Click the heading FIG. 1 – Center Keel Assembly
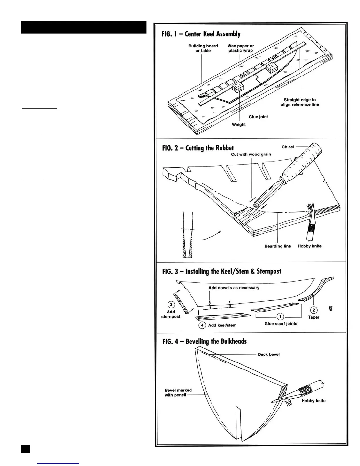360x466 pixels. pos(201,34)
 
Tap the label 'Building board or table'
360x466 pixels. pos(203,48)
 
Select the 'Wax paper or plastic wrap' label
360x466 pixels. pos(241,48)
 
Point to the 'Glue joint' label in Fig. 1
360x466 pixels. pos(258,117)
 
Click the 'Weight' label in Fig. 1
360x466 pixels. pos(239,124)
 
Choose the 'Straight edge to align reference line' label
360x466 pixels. pos(300,102)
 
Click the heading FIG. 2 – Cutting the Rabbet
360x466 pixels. pos(198,148)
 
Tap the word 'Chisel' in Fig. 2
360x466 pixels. pos(288,147)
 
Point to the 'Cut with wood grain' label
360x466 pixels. pos(251,154)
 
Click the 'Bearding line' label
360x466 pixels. pos(278,246)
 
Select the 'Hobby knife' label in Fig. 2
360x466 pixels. pos(309,246)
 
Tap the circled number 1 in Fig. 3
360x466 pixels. pos(281,317)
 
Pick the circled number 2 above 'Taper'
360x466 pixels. pos(314,310)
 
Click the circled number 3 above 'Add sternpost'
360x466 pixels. pos(171,304)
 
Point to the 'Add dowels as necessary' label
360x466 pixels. pos(234,288)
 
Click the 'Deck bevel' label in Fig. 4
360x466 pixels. pos(269,354)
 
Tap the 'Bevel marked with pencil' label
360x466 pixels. pos(178,392)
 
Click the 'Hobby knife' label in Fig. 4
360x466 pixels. pos(314,401)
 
